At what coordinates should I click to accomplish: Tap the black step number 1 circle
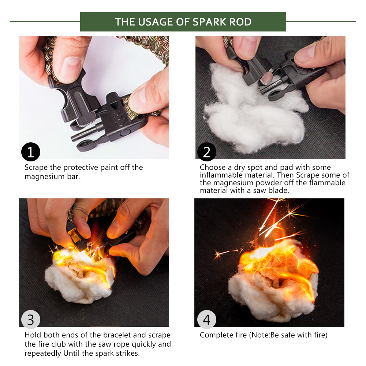(31, 152)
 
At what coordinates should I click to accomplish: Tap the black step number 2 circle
(206, 152)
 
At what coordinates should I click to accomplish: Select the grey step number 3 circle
(31, 320)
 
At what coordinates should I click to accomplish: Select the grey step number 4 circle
(206, 320)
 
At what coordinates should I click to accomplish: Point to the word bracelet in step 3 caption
(117, 335)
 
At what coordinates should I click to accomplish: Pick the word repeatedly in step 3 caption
(43, 354)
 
